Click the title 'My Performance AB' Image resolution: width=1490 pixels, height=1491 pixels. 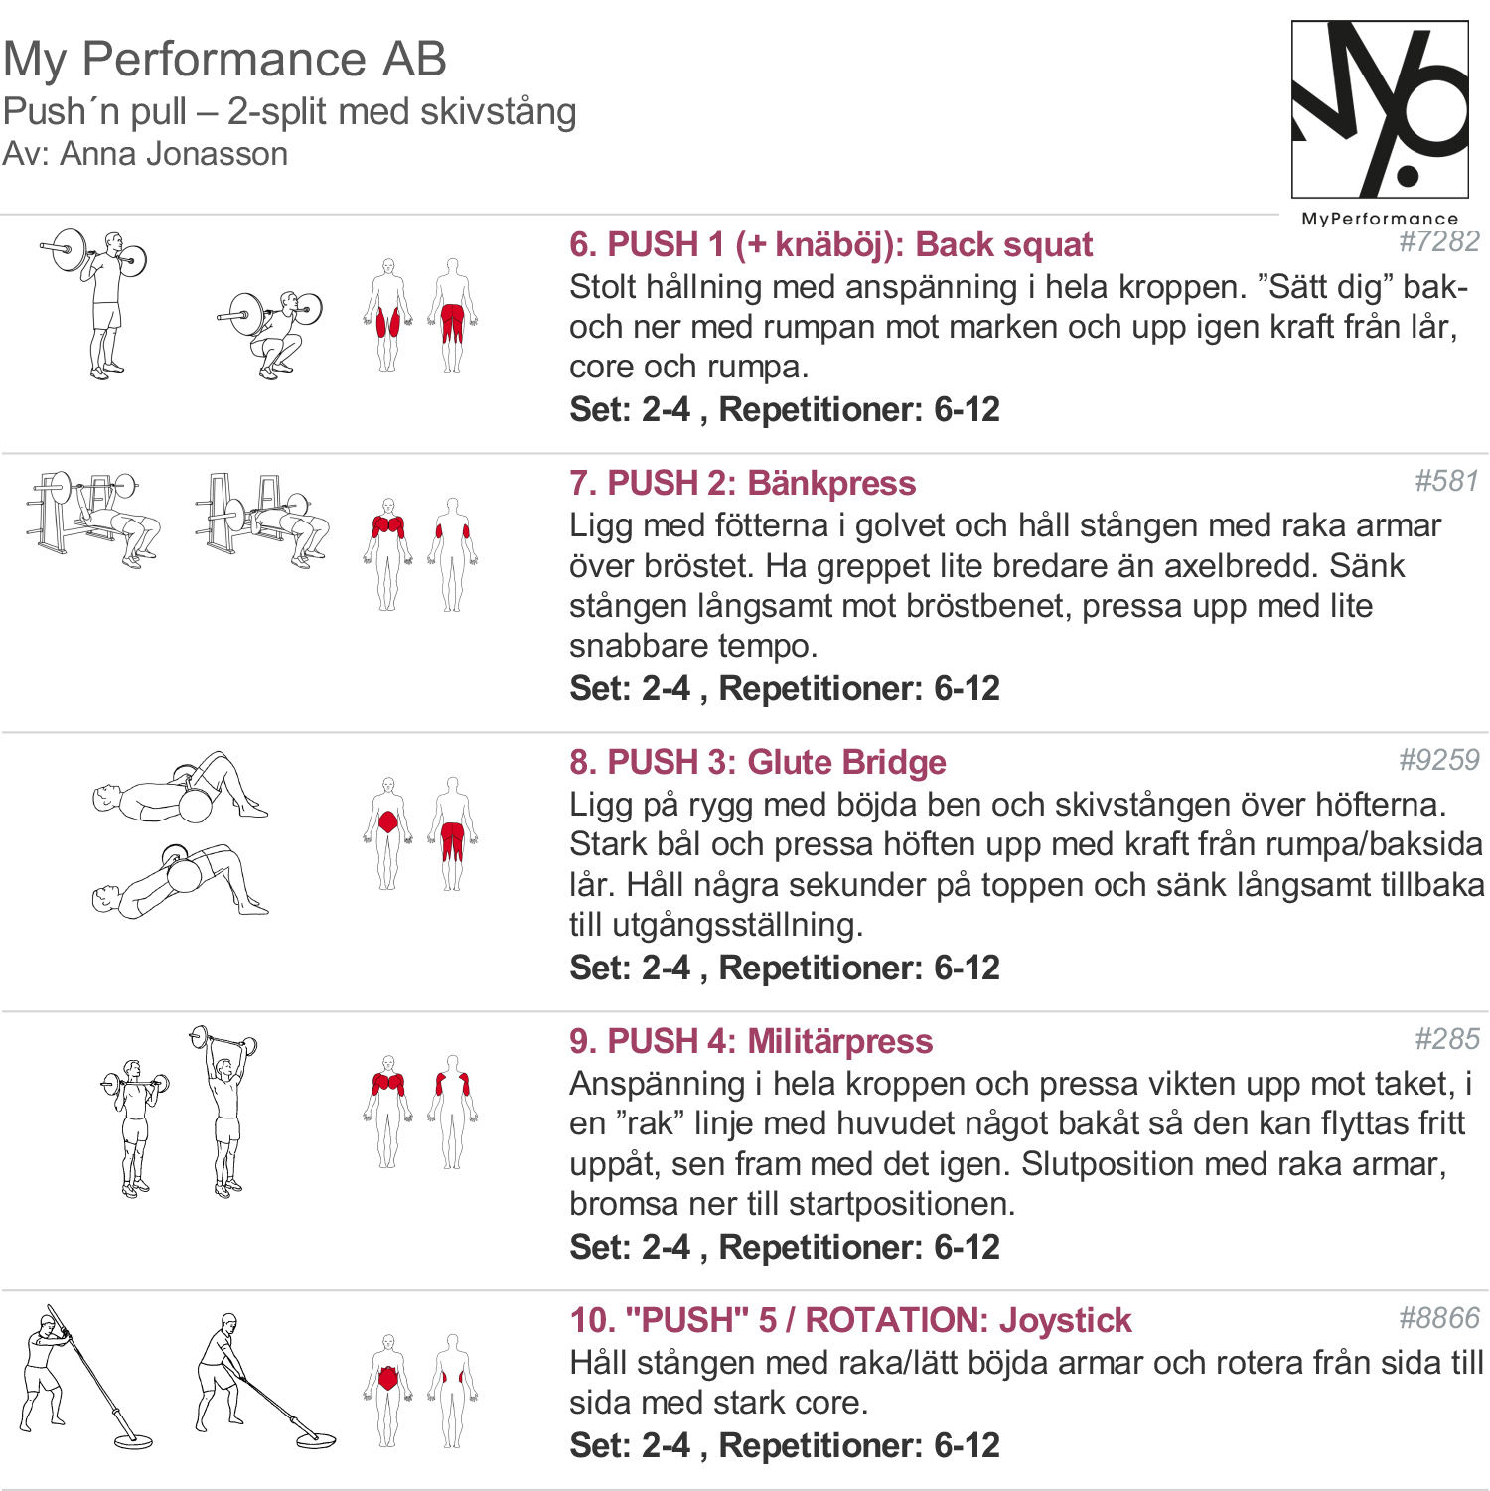pyautogui.click(x=224, y=59)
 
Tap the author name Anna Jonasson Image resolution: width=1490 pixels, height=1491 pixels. pyautogui.click(x=174, y=154)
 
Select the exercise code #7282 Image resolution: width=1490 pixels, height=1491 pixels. pyautogui.click(x=1438, y=241)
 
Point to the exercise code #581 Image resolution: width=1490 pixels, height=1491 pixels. pyautogui.click(x=1446, y=481)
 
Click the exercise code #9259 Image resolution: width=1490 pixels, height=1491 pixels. pyautogui.click(x=1438, y=760)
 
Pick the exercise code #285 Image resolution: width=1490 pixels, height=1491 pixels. pyautogui.click(x=1446, y=1039)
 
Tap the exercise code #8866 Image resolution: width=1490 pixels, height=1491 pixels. pyautogui.click(x=1438, y=1318)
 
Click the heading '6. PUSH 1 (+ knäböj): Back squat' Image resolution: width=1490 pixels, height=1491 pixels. pyautogui.click(x=830, y=244)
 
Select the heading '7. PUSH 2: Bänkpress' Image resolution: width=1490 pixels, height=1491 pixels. pyautogui.click(x=742, y=483)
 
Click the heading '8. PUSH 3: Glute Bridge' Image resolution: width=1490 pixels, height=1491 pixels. pyautogui.click(x=757, y=762)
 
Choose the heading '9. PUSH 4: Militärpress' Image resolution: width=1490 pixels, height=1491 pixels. pyautogui.click(x=750, y=1041)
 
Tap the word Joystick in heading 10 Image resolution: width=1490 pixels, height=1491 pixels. pyautogui.click(x=1065, y=1320)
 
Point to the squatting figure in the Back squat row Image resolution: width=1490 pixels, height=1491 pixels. pyautogui.click(x=272, y=333)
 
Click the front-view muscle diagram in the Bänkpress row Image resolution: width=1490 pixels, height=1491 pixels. pyautogui.click(x=387, y=553)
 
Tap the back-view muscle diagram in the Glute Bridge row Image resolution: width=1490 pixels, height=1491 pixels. pyautogui.click(x=452, y=832)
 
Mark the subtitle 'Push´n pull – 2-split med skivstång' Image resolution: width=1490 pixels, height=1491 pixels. pyautogui.click(x=289, y=111)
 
